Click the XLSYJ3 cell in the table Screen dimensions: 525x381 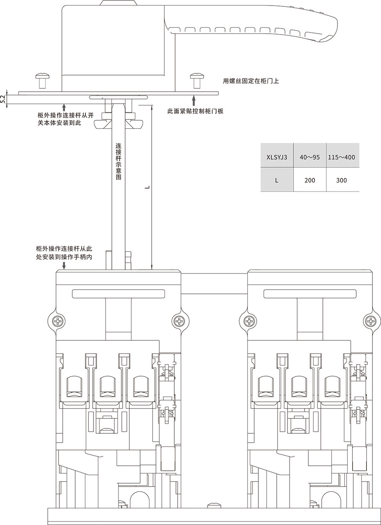[276, 157]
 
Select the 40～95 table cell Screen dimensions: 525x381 [310, 157]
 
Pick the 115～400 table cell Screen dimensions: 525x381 [341, 157]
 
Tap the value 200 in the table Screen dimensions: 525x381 [310, 180]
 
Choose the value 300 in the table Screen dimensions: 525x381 [341, 180]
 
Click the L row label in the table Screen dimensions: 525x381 [276, 180]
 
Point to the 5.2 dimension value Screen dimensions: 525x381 [3, 99]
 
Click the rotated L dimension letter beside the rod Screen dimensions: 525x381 [147, 187]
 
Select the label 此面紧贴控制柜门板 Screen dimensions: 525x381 [196, 111]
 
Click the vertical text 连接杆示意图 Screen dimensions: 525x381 [119, 161]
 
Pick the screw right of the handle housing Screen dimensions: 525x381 [196, 80]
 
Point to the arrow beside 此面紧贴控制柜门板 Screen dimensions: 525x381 [194, 101]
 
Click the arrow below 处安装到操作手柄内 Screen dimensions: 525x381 [64, 266]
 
